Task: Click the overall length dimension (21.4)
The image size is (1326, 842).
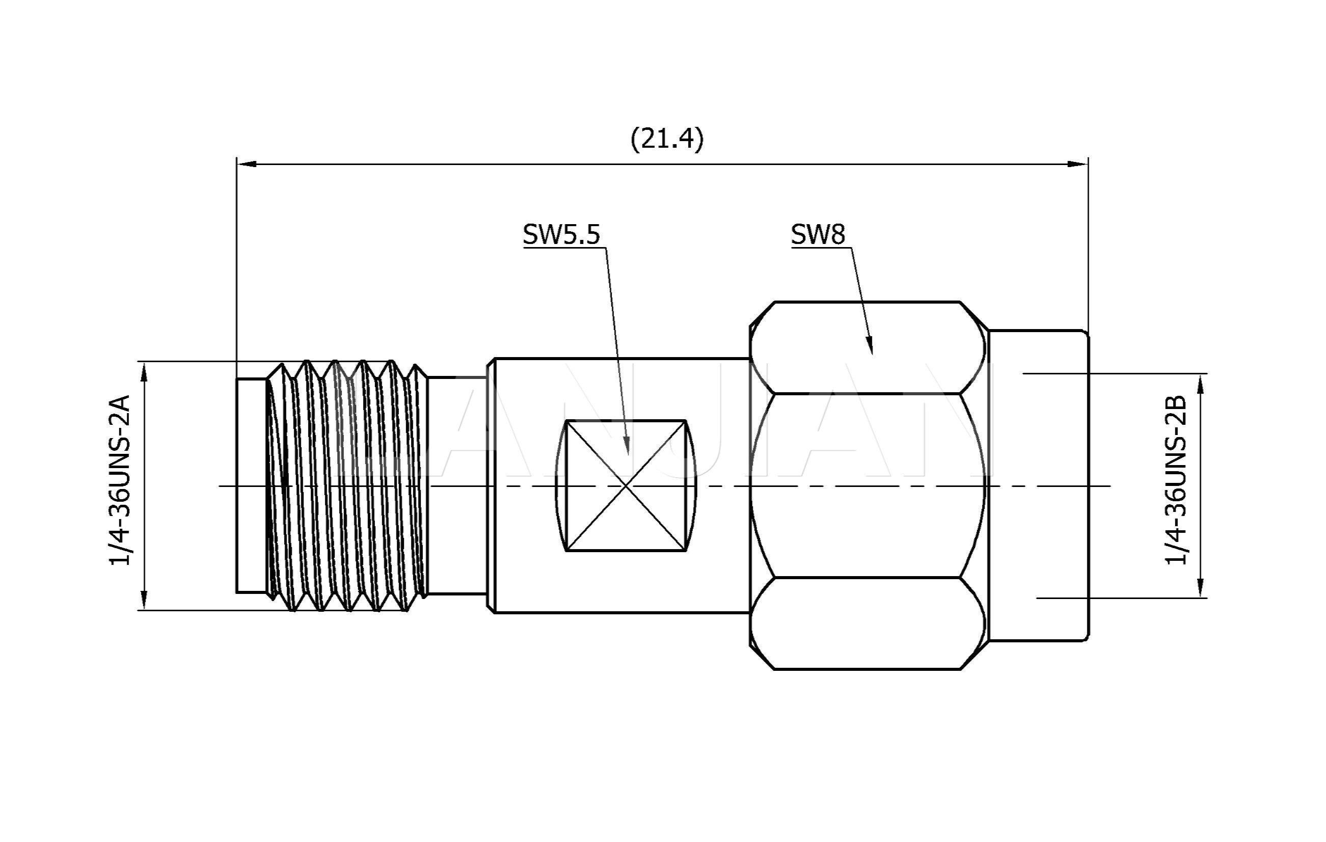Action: (x=666, y=139)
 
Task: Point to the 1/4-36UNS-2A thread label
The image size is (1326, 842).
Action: (x=120, y=480)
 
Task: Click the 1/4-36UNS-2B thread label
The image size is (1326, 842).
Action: (x=1175, y=480)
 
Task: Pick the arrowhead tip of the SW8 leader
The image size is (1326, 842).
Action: (x=871, y=353)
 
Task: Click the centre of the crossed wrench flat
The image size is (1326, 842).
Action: (x=626, y=485)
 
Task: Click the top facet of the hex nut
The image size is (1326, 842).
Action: (x=868, y=347)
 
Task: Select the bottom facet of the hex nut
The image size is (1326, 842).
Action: (x=868, y=623)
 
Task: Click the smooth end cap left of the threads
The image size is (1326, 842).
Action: (x=251, y=485)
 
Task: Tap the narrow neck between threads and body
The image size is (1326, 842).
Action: (x=456, y=485)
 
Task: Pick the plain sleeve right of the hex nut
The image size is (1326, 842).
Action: (x=1038, y=485)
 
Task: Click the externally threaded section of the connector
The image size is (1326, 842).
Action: (x=347, y=485)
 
